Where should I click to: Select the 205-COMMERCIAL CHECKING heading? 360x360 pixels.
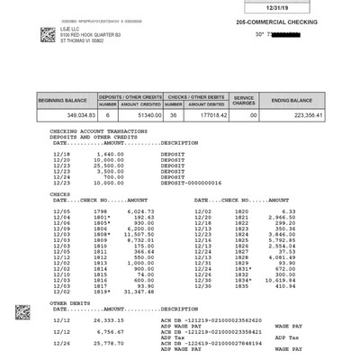click(x=269, y=21)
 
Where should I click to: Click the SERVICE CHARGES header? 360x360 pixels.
click(x=245, y=101)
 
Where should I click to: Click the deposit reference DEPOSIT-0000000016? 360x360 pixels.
click(x=190, y=183)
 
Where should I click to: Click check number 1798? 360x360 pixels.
click(x=101, y=210)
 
